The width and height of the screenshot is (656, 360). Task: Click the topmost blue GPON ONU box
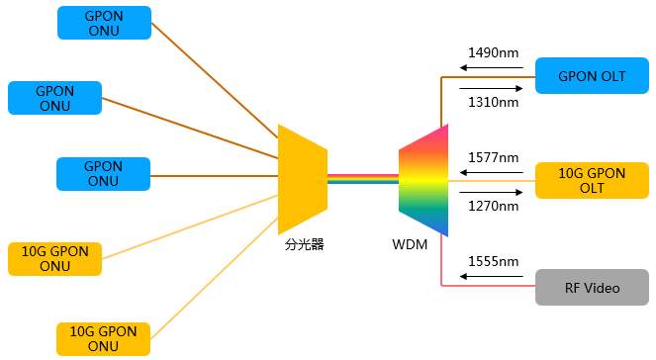point(104,23)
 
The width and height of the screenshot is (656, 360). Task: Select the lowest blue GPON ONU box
point(104,174)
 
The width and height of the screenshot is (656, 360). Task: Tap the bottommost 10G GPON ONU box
point(104,338)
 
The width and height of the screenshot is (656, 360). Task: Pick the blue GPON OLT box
point(593,76)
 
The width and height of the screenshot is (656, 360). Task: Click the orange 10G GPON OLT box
point(593,181)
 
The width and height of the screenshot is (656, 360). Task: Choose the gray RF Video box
point(593,288)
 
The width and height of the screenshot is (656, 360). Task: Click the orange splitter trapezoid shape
point(302,179)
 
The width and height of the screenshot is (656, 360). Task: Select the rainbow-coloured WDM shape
point(424,180)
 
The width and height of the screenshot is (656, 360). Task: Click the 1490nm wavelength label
point(494,52)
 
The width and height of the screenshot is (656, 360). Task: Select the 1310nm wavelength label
point(494,101)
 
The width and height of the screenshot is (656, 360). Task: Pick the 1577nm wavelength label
point(494,157)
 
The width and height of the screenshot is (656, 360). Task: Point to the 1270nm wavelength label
point(494,207)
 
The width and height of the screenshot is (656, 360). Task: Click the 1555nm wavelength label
point(494,261)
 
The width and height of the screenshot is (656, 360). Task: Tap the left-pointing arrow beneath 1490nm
point(490,68)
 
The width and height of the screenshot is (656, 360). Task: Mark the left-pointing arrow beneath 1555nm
point(490,277)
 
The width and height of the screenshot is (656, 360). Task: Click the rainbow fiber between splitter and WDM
point(362,179)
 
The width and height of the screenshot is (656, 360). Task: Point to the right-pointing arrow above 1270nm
point(490,192)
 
